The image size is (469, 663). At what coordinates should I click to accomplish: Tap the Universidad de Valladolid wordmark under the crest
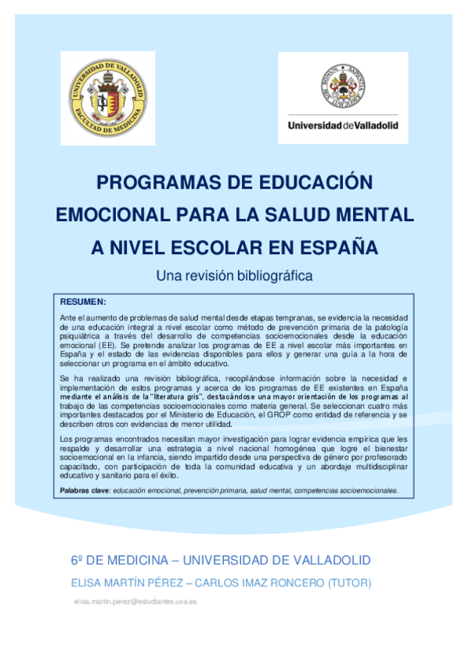(342, 125)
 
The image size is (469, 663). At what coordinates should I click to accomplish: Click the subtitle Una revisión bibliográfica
(234, 275)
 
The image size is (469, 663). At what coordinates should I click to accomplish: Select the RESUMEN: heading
(83, 301)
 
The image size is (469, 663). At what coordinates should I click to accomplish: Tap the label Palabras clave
(85, 490)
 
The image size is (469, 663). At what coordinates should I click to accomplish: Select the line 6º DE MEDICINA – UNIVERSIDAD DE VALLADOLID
(221, 561)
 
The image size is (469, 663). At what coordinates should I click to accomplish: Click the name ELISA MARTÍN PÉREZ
(128, 583)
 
